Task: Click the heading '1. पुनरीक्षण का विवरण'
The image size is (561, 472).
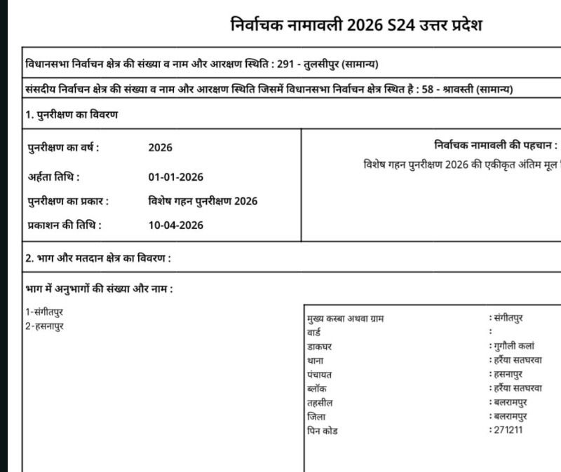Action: [x=72, y=115]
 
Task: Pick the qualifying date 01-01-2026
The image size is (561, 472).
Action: [x=175, y=176]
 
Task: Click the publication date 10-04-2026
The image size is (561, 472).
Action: [x=175, y=225]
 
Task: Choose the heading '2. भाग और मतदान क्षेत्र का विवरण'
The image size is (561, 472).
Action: [x=98, y=258]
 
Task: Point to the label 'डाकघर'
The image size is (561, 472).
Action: [x=319, y=346]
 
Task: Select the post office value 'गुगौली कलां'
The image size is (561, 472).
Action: [x=513, y=346]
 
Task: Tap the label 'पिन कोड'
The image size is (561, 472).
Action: [x=322, y=431]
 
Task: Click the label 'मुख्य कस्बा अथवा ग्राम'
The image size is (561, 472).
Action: [x=346, y=318]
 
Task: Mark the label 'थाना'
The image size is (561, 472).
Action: [x=316, y=360]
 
